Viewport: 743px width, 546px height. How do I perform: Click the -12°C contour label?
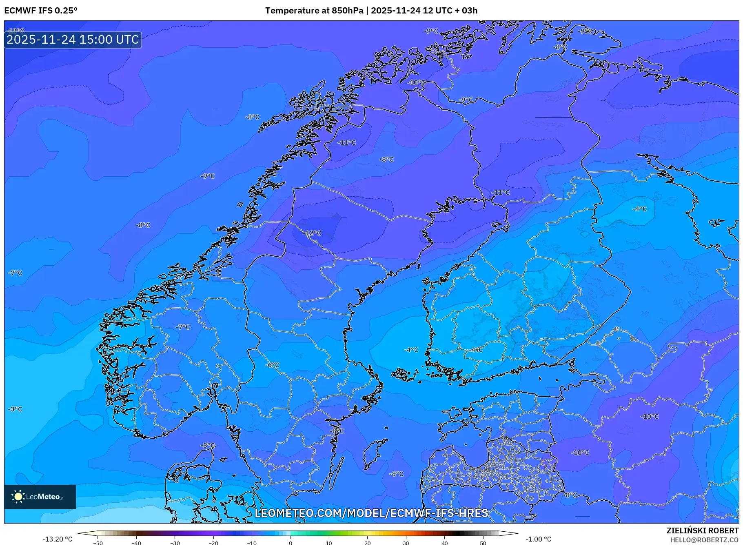[312, 233]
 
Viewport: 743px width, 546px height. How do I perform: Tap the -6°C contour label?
[272, 365]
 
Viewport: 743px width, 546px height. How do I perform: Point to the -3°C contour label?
[15, 409]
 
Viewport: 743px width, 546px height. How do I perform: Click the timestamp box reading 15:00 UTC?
[73, 40]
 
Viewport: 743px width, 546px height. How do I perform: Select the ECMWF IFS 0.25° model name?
[41, 11]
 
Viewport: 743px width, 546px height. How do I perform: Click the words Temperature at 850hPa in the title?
[314, 11]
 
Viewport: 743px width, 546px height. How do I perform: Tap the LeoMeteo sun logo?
[18, 497]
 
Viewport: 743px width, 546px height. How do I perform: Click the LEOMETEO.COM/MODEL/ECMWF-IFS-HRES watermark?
[371, 513]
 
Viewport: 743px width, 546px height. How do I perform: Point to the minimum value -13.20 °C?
[57, 539]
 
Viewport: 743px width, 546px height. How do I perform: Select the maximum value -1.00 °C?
[538, 539]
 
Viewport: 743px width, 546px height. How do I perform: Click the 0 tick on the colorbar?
[291, 543]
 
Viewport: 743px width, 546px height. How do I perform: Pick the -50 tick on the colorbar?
[98, 543]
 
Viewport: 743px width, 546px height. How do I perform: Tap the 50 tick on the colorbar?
[483, 543]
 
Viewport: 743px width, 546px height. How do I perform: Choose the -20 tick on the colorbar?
[213, 543]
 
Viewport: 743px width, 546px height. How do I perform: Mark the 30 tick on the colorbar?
[406, 543]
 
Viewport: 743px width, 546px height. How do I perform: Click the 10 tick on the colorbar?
[329, 543]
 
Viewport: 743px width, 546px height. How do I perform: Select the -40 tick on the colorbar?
[136, 543]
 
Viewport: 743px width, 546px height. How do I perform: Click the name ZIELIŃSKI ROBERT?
[702, 530]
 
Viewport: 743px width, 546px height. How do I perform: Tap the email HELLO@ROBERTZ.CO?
[704, 540]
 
